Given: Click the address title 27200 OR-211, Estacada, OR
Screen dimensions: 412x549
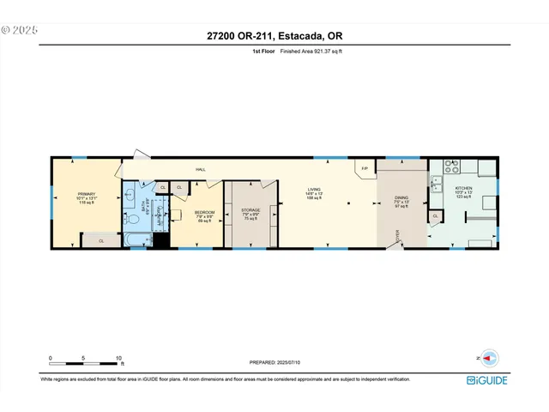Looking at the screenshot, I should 274,35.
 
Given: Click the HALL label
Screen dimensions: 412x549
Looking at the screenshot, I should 201,170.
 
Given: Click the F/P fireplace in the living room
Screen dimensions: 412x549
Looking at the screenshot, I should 365,168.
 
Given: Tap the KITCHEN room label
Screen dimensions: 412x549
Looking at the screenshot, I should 464,190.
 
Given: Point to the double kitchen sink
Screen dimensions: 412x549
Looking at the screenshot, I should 436,185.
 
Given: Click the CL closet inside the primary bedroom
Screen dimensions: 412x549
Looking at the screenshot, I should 101,242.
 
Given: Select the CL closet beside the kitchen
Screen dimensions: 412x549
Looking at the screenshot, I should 436,216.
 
